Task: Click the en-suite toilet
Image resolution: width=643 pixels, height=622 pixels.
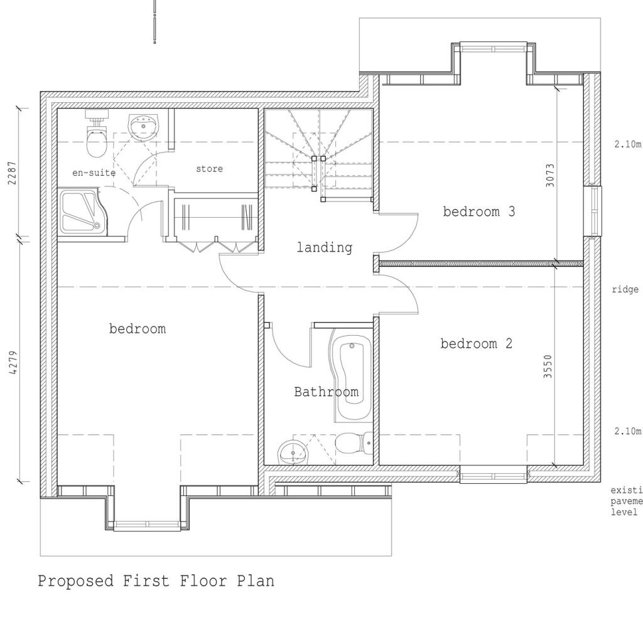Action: click(96, 138)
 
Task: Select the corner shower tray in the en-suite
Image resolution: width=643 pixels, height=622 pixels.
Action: click(82, 212)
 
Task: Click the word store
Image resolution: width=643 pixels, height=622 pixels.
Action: click(209, 169)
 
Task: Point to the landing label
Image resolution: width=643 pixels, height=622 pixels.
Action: click(325, 248)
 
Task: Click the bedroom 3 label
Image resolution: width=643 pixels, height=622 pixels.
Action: click(479, 212)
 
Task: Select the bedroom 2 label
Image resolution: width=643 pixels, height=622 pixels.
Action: click(477, 344)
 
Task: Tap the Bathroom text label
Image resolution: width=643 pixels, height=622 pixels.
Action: click(327, 392)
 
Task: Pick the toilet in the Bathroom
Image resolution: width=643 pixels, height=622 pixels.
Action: click(352, 444)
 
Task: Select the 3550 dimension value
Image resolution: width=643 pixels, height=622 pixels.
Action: click(548, 367)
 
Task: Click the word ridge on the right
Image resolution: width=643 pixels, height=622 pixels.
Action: click(625, 290)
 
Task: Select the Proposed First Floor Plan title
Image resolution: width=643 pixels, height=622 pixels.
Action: click(156, 581)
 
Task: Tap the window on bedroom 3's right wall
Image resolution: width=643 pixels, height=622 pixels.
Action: click(592, 211)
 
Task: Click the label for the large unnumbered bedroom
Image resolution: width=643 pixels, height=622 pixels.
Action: click(138, 329)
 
